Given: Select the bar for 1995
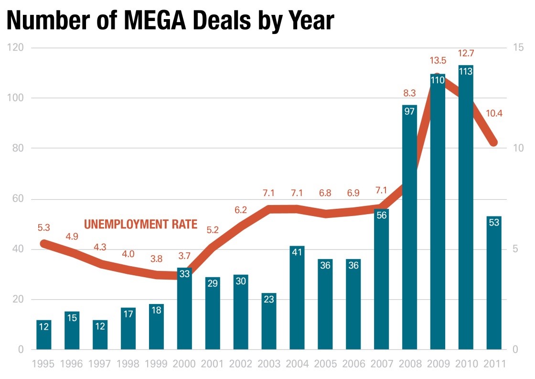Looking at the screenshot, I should [x=43, y=335].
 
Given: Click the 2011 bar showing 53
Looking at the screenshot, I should [x=494, y=282].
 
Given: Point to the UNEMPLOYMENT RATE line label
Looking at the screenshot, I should [x=140, y=224].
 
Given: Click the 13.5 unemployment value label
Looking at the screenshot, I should [x=438, y=60].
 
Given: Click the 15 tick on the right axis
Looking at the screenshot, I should [x=518, y=48].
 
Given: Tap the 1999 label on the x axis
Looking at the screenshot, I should [x=156, y=363].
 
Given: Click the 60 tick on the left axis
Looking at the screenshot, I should [x=18, y=199].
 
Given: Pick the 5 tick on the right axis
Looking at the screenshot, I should [x=515, y=249].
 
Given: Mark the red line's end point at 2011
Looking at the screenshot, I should [x=493, y=142].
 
